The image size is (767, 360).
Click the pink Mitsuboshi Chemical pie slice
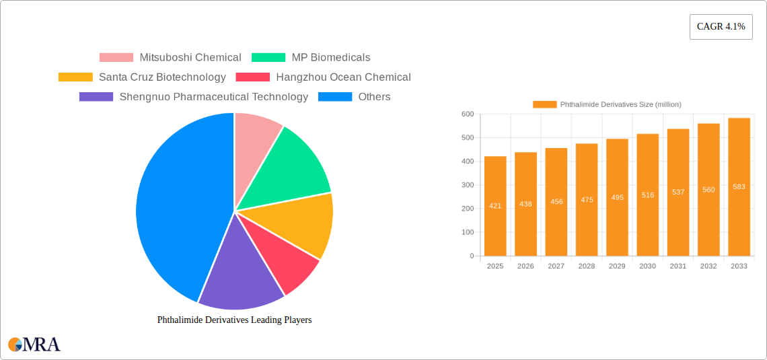[256, 135]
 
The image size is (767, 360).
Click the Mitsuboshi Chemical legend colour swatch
[116, 58]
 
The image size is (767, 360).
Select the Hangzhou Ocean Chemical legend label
[343, 77]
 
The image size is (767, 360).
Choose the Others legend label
[374, 97]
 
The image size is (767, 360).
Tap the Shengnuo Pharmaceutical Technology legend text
[213, 97]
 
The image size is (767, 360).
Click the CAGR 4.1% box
[721, 27]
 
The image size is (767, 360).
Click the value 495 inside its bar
[617, 197]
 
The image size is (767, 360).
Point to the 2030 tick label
[647, 266]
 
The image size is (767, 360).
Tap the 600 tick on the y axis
[467, 114]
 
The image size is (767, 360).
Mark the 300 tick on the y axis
[467, 185]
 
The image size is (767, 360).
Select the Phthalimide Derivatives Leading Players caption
[234, 320]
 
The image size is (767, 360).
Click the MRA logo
[34, 345]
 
